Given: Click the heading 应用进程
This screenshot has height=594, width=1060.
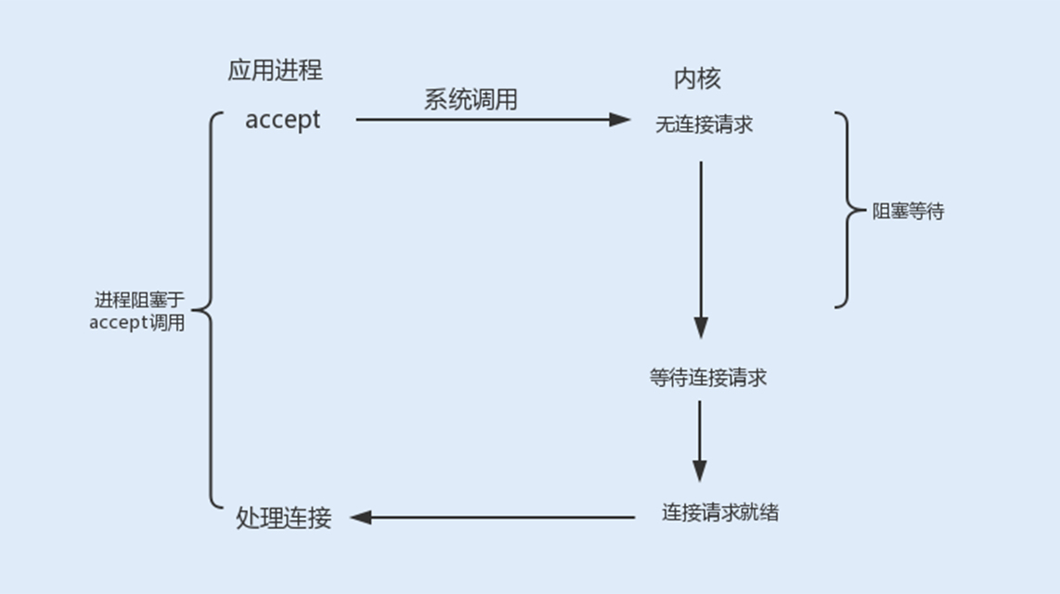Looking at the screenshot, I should [x=275, y=71].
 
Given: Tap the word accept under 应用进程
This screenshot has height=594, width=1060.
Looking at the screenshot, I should [x=282, y=120].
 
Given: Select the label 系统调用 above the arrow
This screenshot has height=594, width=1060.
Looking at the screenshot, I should [x=471, y=99].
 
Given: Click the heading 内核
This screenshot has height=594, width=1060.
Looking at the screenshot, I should [x=697, y=78].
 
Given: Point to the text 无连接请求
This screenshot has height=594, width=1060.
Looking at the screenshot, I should [x=704, y=124].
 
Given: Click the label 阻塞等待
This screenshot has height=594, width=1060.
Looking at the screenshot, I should [x=908, y=212].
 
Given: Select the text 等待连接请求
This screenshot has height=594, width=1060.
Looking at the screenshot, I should [x=708, y=378].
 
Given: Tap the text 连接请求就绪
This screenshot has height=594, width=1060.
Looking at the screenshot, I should [x=720, y=511].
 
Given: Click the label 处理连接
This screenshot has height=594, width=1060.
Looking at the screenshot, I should [x=284, y=518].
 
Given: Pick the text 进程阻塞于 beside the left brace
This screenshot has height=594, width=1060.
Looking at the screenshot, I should [x=139, y=300].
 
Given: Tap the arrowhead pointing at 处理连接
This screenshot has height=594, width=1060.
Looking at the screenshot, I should [x=361, y=517].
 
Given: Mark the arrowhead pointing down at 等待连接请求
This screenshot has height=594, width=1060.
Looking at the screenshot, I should [x=701, y=328].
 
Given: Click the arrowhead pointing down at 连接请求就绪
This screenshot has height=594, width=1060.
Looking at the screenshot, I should [x=700, y=471].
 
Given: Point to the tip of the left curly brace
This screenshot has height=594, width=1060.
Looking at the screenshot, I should [x=195, y=310].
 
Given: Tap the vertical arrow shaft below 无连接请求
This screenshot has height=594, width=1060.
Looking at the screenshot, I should [x=701, y=241].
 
